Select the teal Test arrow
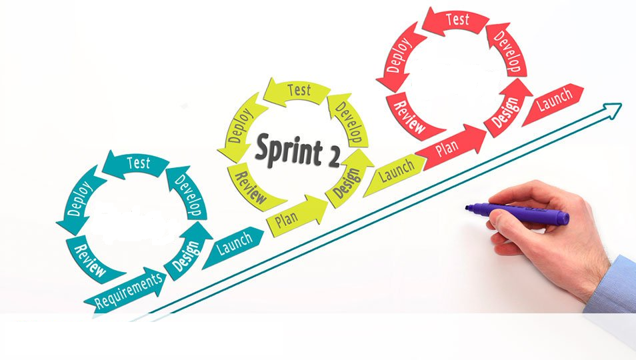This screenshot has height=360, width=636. coord(136,163)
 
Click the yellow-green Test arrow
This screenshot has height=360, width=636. coord(297,91)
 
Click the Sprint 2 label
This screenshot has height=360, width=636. coord(297,149)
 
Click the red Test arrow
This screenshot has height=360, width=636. coord(456,21)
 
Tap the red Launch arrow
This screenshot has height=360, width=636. coord(553,102)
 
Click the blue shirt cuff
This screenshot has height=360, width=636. coord(613,287)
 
